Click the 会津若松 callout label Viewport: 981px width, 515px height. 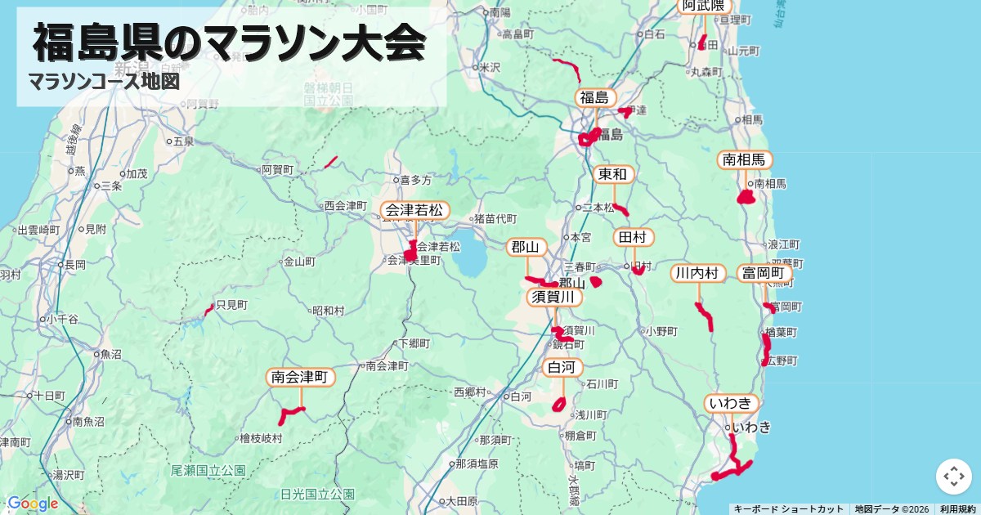pos(414,211)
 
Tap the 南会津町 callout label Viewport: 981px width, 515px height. pos(301,378)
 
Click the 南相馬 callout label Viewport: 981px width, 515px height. pos(744,160)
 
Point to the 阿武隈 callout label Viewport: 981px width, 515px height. pos(703,6)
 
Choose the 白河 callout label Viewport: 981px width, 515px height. pos(563,369)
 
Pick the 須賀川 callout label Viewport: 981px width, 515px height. pos(555,297)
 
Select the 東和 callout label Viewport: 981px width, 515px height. pos(612,174)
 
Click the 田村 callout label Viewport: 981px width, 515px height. pos(634,238)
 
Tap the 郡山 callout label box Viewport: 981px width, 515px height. pos(526,247)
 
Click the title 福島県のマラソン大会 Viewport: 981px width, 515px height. pos(230,43)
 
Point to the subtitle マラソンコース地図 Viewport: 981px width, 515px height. pos(104,82)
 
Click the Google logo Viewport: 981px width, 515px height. pos(32,504)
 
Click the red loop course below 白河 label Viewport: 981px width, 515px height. pos(559,404)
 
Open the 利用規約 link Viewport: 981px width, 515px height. pos(957,509)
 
